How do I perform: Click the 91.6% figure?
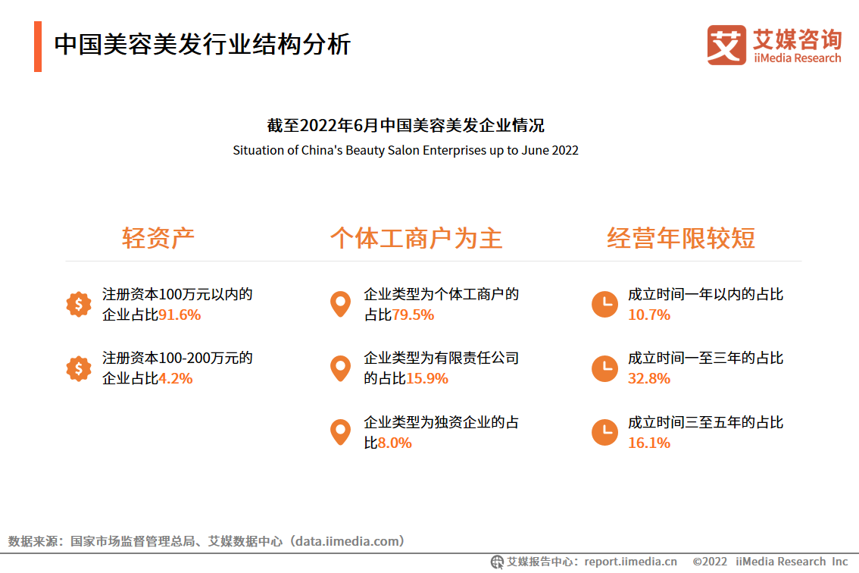(x=179, y=315)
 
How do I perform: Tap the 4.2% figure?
(x=175, y=378)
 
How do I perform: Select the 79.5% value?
(x=413, y=315)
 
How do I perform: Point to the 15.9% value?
(x=427, y=378)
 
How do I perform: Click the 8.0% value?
(x=395, y=443)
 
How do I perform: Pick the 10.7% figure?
(x=649, y=315)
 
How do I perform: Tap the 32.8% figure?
(x=649, y=378)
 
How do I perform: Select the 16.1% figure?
(x=649, y=443)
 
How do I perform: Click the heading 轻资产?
(x=158, y=238)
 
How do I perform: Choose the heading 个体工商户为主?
(x=417, y=238)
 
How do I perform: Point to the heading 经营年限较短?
(x=681, y=238)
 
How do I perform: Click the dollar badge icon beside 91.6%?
(x=79, y=305)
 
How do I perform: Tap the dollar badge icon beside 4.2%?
(x=79, y=368)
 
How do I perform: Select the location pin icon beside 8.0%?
(x=340, y=432)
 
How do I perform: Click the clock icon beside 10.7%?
(x=604, y=305)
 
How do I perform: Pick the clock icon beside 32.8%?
(x=604, y=368)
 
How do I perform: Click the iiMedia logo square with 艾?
(x=726, y=45)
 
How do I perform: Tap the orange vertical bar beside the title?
(x=38, y=46)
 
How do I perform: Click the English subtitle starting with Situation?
(x=405, y=150)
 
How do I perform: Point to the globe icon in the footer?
(x=497, y=562)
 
